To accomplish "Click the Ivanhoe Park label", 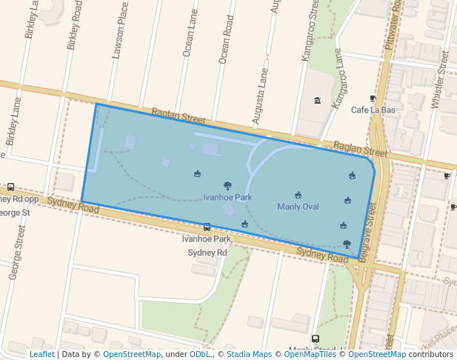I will point(227,198).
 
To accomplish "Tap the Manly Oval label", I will point(298,207).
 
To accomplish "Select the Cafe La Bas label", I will point(373,110).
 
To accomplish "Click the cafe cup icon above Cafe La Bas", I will point(373,99).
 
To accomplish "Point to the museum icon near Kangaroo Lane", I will point(318,101).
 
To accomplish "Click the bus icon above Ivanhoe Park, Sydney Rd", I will point(207,227).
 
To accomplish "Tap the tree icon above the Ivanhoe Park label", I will point(227,186).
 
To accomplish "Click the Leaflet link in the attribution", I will point(41,354).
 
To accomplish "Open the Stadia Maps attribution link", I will point(252,354).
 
